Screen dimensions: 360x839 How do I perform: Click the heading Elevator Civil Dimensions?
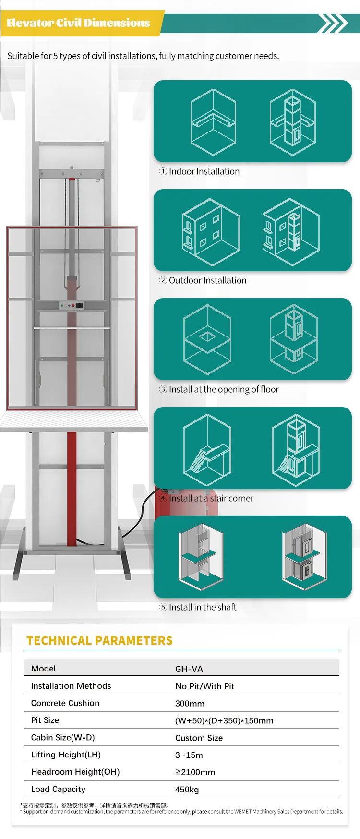78,23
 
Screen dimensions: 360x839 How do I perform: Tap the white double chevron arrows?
333,23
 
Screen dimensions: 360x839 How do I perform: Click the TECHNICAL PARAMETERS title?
99,641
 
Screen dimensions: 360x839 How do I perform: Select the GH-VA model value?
189,669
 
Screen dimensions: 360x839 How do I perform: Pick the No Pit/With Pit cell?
204,686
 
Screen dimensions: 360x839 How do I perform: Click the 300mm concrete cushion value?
190,704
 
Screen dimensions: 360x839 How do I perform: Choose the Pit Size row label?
45,720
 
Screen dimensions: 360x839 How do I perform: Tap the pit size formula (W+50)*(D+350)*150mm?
224,721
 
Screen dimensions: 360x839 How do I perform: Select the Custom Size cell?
199,738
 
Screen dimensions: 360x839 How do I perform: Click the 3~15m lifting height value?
189,755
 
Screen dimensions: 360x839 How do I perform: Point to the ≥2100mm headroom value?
195,772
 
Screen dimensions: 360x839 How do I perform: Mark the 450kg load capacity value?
187,790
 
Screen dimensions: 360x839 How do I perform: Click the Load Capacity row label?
58,789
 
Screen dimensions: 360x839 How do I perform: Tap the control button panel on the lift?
72,305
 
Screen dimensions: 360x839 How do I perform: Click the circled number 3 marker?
163,389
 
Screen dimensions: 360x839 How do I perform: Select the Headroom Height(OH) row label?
75,772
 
